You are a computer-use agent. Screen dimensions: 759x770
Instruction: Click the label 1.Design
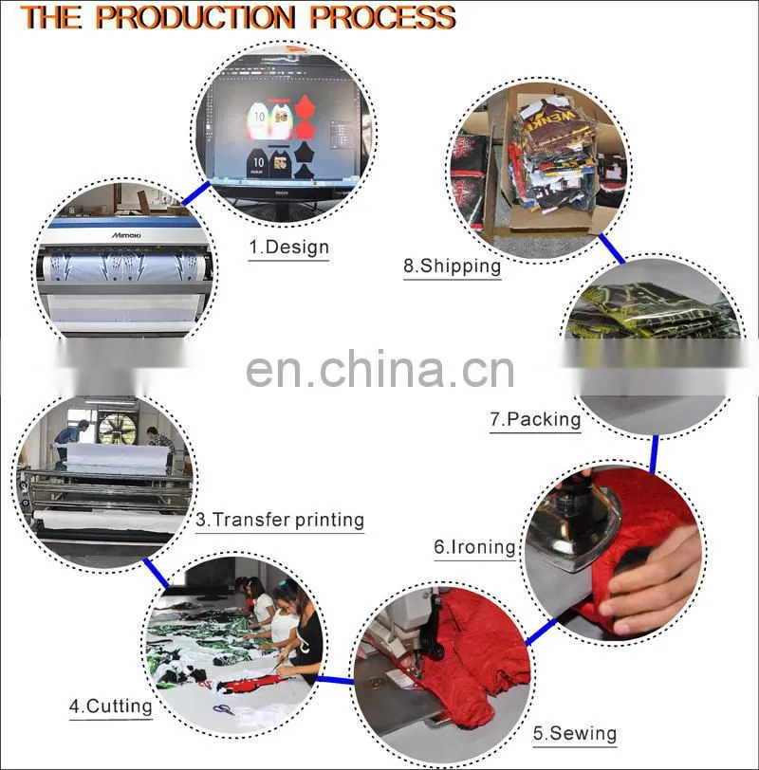pos(288,247)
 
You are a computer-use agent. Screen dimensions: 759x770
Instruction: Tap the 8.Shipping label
pos(452,266)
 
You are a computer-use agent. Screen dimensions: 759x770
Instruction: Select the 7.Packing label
pos(535,419)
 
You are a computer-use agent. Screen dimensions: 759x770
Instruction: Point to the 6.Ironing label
pos(474,546)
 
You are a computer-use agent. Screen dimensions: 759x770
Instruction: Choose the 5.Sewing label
pos(575,733)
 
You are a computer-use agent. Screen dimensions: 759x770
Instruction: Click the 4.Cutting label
pos(111,706)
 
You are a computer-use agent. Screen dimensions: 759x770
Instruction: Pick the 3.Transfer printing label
pos(280,520)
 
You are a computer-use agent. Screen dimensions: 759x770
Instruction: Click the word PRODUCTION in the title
pos(195,17)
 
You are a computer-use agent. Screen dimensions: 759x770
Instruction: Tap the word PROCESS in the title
pos(382,17)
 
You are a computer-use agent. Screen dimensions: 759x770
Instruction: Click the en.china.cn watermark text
pos(379,369)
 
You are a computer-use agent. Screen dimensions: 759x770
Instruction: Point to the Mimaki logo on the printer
pos(126,235)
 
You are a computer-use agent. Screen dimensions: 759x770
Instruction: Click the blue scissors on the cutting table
pos(224,708)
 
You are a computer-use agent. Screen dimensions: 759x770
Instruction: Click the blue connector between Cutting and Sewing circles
pos(335,680)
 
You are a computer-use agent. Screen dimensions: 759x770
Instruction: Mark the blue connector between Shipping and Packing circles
pos(612,248)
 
